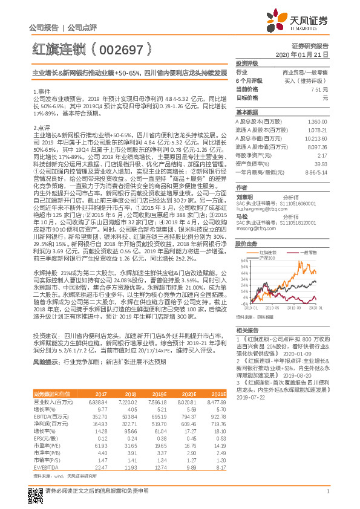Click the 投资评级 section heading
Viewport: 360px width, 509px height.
pos(247,63)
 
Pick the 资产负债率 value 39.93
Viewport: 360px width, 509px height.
pos(321,163)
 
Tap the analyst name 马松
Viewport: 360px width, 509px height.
pos(243,216)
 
